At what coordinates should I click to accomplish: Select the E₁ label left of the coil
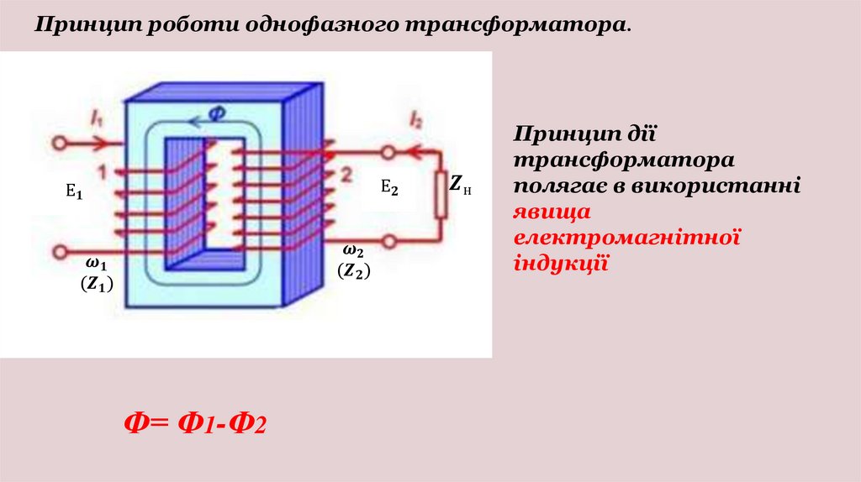coord(75,191)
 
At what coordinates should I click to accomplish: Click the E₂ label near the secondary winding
coord(389,186)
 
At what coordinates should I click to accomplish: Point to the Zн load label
coord(461,185)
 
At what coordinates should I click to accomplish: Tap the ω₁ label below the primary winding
coord(95,265)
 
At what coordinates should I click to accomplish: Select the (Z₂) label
coord(354,270)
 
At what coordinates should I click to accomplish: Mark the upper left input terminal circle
coord(58,144)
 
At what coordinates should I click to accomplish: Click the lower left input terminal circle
coord(58,251)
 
